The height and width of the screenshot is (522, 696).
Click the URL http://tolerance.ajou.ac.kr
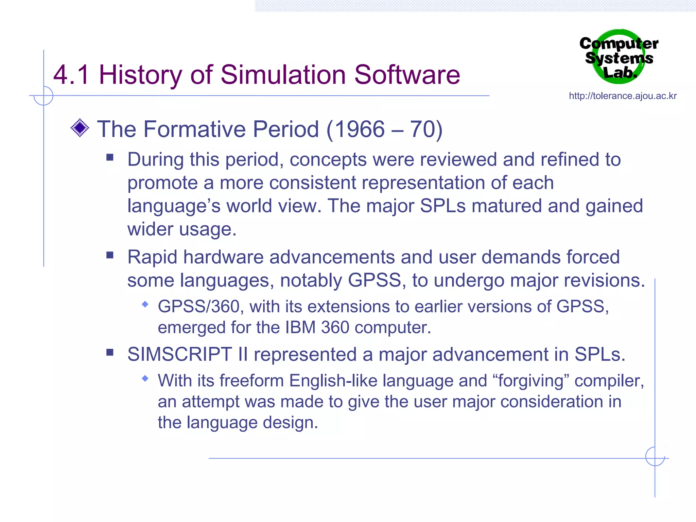point(623,96)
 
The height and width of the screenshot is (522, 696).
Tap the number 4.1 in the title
point(71,75)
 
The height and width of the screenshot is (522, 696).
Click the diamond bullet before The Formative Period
point(80,128)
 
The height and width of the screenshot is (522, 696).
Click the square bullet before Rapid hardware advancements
point(110,255)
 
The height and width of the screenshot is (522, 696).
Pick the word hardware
point(223,257)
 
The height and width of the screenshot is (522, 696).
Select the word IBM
point(300,328)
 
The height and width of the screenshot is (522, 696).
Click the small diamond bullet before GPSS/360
point(145,304)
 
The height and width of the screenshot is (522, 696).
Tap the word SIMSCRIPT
point(179,354)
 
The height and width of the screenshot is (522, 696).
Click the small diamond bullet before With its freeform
point(145,378)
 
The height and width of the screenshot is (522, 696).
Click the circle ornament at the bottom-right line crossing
point(655,456)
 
